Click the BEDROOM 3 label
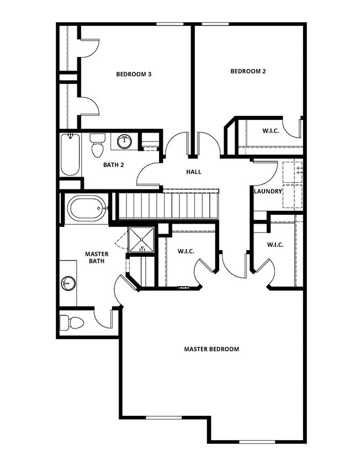(x=134, y=74)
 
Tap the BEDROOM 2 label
(x=248, y=71)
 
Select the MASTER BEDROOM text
(x=211, y=349)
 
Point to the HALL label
(x=193, y=172)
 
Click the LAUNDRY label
(x=268, y=191)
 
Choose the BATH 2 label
(x=114, y=165)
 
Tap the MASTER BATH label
(x=96, y=257)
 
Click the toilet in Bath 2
(x=98, y=147)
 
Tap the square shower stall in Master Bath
(x=142, y=240)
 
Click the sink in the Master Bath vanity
(x=67, y=283)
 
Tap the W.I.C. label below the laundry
(x=275, y=245)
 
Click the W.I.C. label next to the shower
(x=186, y=251)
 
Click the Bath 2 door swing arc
(x=147, y=176)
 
